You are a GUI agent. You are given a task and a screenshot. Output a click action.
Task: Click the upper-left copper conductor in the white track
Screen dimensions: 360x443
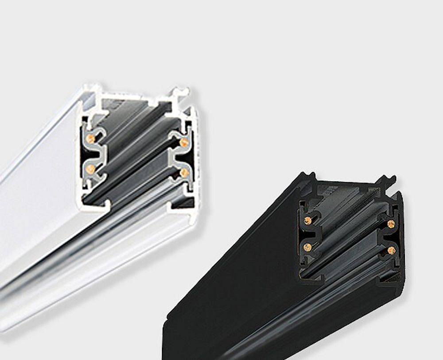coord(91,138)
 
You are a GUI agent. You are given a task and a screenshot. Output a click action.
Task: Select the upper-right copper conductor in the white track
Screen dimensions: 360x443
coord(184,142)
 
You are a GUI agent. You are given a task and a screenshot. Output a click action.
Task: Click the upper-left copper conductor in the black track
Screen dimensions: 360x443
coord(307,220)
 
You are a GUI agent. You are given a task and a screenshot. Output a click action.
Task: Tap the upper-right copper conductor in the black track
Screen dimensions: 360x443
coord(391,224)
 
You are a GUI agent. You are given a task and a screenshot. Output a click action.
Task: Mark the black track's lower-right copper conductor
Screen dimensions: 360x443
coord(391,251)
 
